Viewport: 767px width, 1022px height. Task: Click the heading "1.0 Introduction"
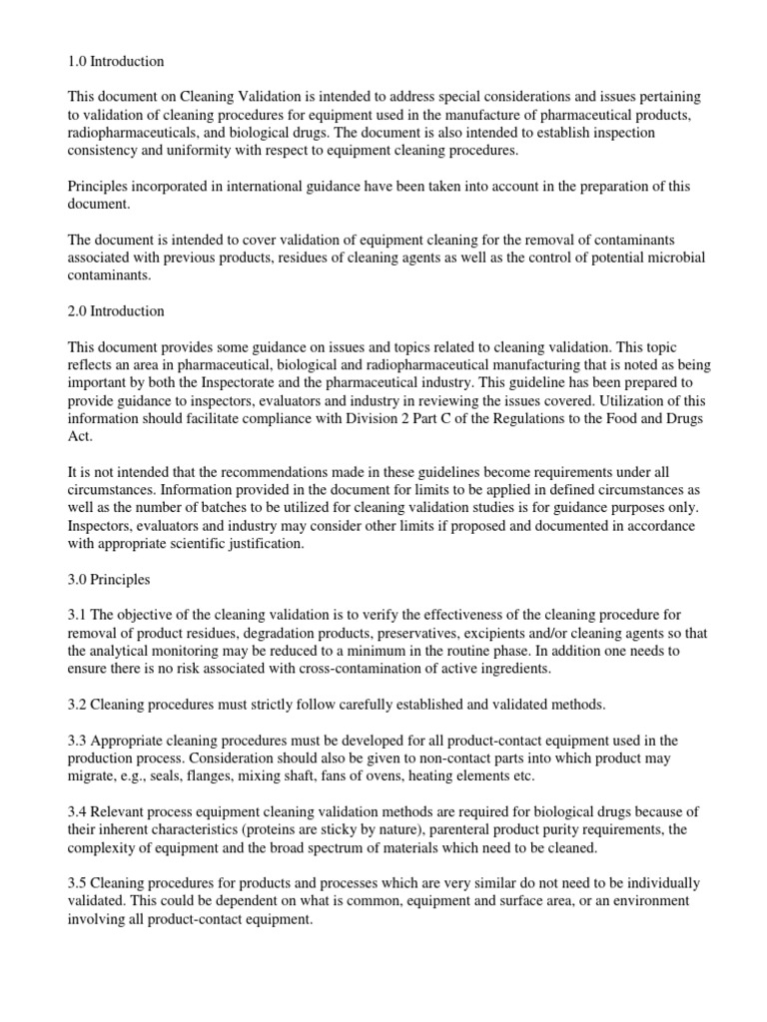click(x=116, y=62)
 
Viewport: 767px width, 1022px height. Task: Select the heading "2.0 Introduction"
click(x=116, y=311)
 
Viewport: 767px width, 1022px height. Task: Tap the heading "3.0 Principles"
click(x=111, y=578)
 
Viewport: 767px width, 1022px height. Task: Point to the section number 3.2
click(x=78, y=704)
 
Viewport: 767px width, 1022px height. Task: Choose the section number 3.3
click(x=78, y=740)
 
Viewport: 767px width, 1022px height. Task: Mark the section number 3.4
click(x=78, y=811)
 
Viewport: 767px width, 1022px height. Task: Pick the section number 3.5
click(x=78, y=883)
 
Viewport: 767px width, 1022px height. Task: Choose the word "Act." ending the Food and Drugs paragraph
click(x=79, y=435)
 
